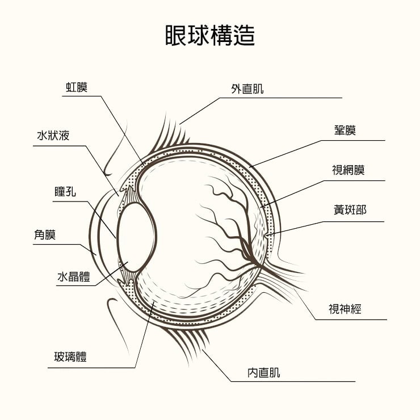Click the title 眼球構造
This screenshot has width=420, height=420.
pyautogui.click(x=210, y=35)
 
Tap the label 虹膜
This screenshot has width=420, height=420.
pyautogui.click(x=76, y=87)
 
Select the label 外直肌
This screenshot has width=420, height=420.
pyautogui.click(x=247, y=89)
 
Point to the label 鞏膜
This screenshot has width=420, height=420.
pyautogui.click(x=345, y=131)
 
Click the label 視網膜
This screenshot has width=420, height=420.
pyautogui.click(x=348, y=170)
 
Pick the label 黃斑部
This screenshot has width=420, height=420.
pyautogui.click(x=350, y=210)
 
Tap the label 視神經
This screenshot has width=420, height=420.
pyautogui.click(x=345, y=309)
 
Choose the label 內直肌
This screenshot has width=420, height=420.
pyautogui.click(x=263, y=373)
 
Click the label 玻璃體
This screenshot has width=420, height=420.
pyautogui.click(x=70, y=357)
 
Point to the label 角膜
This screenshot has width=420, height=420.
pyautogui.click(x=45, y=234)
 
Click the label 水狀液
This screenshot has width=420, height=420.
pyautogui.click(x=53, y=136)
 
